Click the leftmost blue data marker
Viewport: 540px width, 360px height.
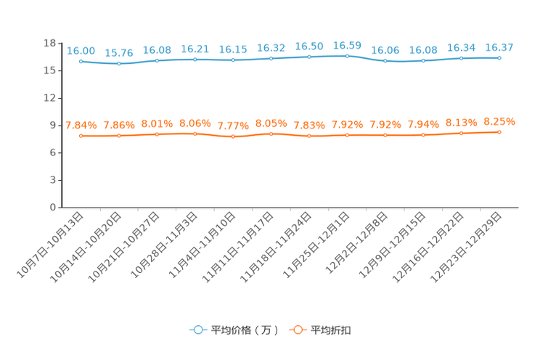pos(81,61)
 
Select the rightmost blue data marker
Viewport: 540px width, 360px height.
pos(499,57)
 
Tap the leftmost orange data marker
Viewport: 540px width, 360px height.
pos(81,136)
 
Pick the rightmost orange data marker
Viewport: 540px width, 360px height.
pos(499,132)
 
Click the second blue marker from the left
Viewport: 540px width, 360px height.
pos(119,64)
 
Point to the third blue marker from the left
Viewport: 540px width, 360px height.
pos(157,60)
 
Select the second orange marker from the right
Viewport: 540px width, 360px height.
pos(461,134)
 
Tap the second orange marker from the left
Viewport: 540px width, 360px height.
pos(119,136)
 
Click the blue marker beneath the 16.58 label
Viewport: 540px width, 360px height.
pos(347,56)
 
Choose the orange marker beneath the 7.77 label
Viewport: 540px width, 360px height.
pos(233,136)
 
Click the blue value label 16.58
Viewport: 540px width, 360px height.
pos(347,45)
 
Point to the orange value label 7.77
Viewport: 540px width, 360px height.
pos(233,126)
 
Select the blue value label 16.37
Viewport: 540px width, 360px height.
pos(499,47)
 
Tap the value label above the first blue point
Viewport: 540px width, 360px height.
pos(81,50)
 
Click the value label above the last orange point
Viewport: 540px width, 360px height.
pos(499,121)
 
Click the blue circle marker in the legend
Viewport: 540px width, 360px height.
pos(197,330)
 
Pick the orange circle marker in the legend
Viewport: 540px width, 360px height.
pos(298,330)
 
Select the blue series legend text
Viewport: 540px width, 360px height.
pos(244,330)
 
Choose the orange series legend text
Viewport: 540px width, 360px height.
pos(332,330)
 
